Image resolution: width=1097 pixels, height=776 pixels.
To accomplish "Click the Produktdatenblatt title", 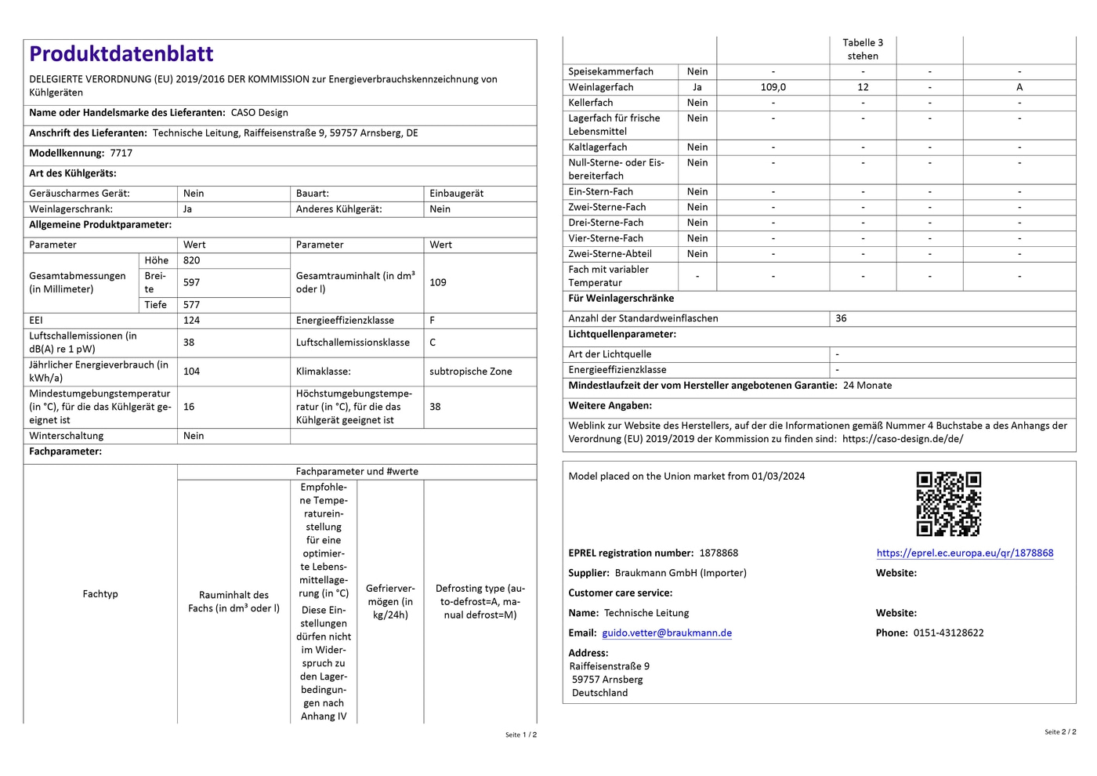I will tap(121, 54).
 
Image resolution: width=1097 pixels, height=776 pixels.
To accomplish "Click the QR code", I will tap(948, 503).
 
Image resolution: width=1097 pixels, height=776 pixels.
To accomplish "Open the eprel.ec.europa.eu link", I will tap(965, 553).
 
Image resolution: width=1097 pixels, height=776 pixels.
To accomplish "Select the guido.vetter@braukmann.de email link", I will tap(667, 633).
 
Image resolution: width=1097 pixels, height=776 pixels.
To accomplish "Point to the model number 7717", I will tap(121, 153).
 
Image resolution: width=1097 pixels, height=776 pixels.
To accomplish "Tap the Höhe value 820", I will tap(192, 260).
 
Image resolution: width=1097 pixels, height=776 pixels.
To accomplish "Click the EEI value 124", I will tap(192, 320).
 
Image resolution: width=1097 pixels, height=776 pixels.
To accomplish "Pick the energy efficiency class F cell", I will tap(433, 320).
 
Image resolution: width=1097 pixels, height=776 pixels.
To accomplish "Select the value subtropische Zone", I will tap(470, 372).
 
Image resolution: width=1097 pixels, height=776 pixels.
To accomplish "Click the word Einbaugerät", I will tap(457, 193).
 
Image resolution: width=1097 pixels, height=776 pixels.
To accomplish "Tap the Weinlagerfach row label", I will tap(601, 87).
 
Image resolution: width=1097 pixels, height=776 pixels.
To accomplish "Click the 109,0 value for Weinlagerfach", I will tap(773, 87).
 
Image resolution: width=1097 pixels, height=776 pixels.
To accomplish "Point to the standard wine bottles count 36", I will tap(841, 318).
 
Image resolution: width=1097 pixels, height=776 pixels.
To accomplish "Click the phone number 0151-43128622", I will tap(948, 633).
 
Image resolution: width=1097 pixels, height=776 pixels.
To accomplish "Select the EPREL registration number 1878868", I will tap(719, 553).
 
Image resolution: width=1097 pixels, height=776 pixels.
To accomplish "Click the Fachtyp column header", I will tap(100, 593).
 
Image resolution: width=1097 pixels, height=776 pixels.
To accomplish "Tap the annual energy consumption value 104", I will tap(192, 372).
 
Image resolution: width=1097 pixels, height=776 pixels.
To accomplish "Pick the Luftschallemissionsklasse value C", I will tap(433, 343).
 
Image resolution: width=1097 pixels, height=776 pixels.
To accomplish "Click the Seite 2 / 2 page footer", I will tap(1060, 731).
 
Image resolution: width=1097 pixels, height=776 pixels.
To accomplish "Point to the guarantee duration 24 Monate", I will tap(867, 385).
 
